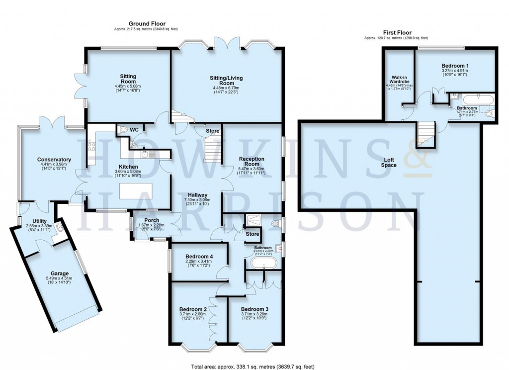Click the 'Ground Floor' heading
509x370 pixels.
[147, 23]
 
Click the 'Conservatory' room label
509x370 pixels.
[54, 160]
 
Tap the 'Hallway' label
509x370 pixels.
[197, 195]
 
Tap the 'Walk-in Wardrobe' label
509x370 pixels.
[399, 80]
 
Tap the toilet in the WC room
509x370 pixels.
[123, 129]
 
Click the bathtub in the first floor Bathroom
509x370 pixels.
[477, 99]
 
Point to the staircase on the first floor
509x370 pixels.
[425, 133]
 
